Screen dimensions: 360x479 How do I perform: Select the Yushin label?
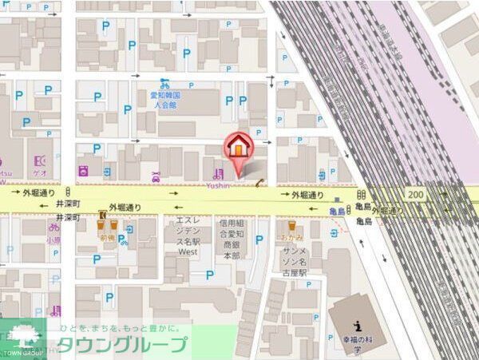[x=218, y=185]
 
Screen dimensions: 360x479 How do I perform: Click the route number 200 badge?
[x=415, y=194]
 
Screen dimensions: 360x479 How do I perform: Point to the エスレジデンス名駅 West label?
[x=188, y=235]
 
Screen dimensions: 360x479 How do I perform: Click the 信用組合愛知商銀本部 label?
[x=232, y=239]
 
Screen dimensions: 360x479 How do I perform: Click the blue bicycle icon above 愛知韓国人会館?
[x=164, y=82]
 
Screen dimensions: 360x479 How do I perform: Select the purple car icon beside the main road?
[x=156, y=176]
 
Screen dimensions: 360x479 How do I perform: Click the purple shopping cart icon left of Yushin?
[x=216, y=172]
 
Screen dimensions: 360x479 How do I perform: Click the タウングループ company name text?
[x=121, y=346]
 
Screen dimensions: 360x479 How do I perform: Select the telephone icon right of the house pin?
[x=260, y=184]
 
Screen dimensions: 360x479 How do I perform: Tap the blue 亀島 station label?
[x=338, y=211]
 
